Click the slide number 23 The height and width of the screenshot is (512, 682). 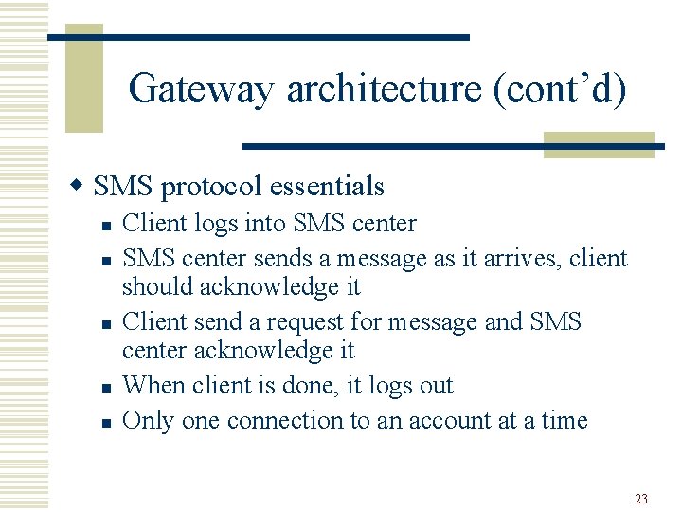[641, 498]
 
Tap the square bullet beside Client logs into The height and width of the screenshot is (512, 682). [106, 226]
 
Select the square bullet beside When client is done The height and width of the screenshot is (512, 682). [106, 388]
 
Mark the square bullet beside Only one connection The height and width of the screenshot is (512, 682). [106, 423]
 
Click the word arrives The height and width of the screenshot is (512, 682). [524, 258]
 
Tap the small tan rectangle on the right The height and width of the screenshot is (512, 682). [599, 144]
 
